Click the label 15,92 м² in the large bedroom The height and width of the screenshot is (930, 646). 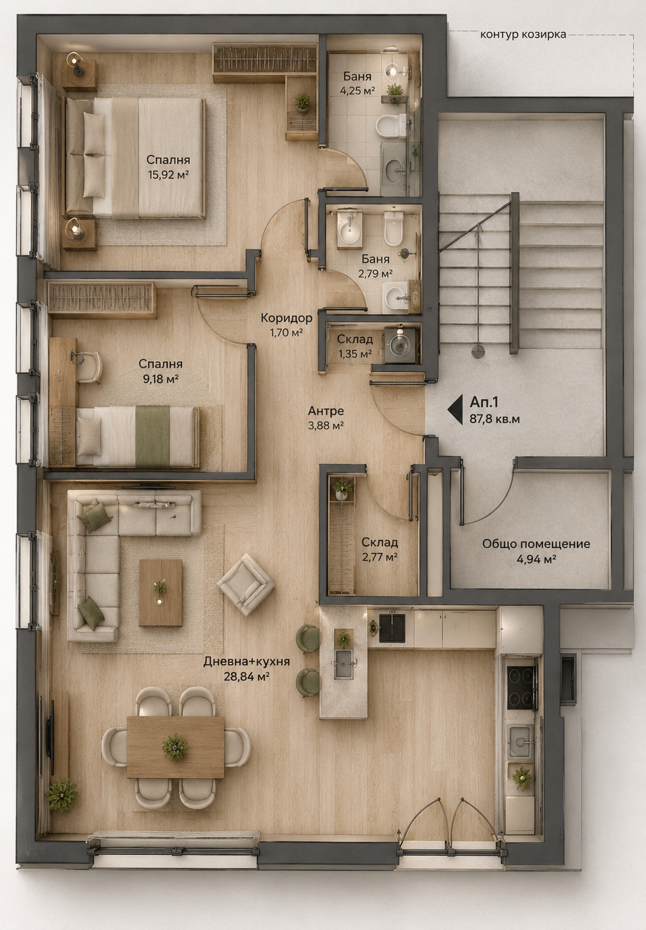click(169, 174)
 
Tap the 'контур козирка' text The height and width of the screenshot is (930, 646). click(523, 35)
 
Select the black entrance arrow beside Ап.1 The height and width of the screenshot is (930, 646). click(455, 409)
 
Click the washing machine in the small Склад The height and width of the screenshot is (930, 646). click(400, 344)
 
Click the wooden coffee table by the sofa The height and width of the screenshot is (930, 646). click(161, 592)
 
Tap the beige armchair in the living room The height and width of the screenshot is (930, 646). click(246, 584)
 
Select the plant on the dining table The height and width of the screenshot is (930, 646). click(175, 748)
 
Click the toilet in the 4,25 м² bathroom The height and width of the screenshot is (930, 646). click(391, 126)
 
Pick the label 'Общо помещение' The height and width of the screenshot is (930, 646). click(535, 544)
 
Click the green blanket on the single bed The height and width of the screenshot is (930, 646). click(153, 437)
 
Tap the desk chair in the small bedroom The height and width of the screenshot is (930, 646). click(88, 367)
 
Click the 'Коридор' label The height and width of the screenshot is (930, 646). click(286, 318)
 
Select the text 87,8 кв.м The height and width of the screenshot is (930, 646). click(494, 419)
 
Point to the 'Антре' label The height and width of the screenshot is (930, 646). click(326, 411)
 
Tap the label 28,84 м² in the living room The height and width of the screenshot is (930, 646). click(246, 676)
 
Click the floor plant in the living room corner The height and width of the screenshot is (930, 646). click(62, 795)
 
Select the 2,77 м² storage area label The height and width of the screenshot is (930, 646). click(380, 557)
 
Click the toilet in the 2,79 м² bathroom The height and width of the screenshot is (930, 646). click(393, 228)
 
